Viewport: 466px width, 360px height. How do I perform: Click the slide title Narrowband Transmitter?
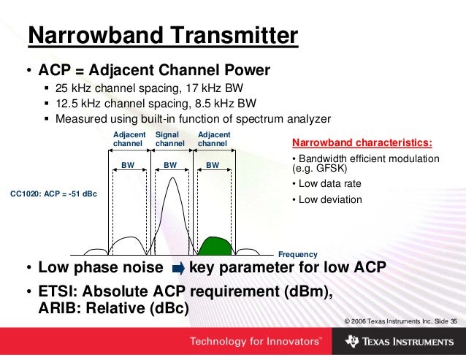click(x=162, y=36)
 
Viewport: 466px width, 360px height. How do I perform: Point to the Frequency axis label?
click(x=298, y=255)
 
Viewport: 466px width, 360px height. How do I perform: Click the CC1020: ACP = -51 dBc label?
click(x=53, y=195)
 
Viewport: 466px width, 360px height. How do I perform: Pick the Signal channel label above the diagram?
click(x=170, y=139)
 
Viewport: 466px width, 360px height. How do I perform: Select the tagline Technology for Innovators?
click(x=255, y=342)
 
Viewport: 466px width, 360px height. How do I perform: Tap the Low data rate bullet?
click(x=327, y=183)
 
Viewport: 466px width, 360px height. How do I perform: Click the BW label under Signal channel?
click(x=170, y=166)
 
